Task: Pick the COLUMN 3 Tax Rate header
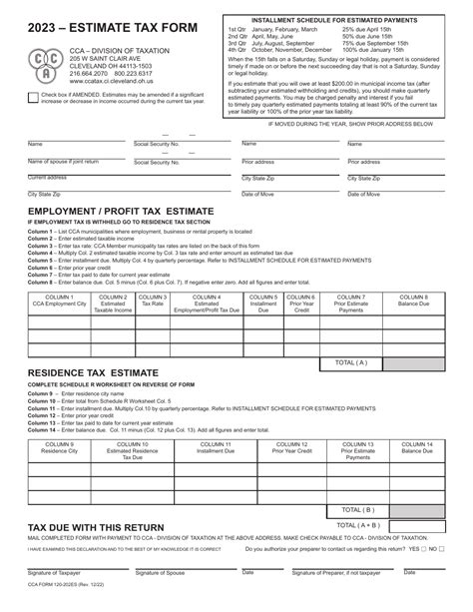(x=153, y=302)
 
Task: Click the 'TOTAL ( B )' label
(x=350, y=508)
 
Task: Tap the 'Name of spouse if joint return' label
(x=63, y=161)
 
